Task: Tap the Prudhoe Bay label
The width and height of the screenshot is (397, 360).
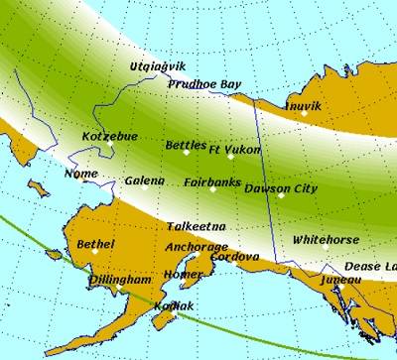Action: [204, 85]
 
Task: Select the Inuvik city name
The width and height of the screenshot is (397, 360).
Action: [302, 104]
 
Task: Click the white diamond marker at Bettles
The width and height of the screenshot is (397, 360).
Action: [186, 153]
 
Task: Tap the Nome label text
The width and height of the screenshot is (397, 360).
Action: [80, 174]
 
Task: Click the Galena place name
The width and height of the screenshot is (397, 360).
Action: [144, 181]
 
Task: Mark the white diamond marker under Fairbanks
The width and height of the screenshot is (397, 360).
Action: [212, 189]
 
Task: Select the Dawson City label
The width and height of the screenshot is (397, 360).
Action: [281, 187]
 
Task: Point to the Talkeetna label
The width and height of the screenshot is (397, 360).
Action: [196, 226]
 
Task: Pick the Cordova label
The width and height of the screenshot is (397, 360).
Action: [235, 256]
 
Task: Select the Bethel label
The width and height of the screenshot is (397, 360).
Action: [95, 244]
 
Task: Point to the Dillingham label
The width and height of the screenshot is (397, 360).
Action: [120, 280]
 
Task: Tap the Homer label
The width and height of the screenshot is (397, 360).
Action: [183, 274]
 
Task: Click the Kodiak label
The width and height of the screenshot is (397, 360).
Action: [174, 306]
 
